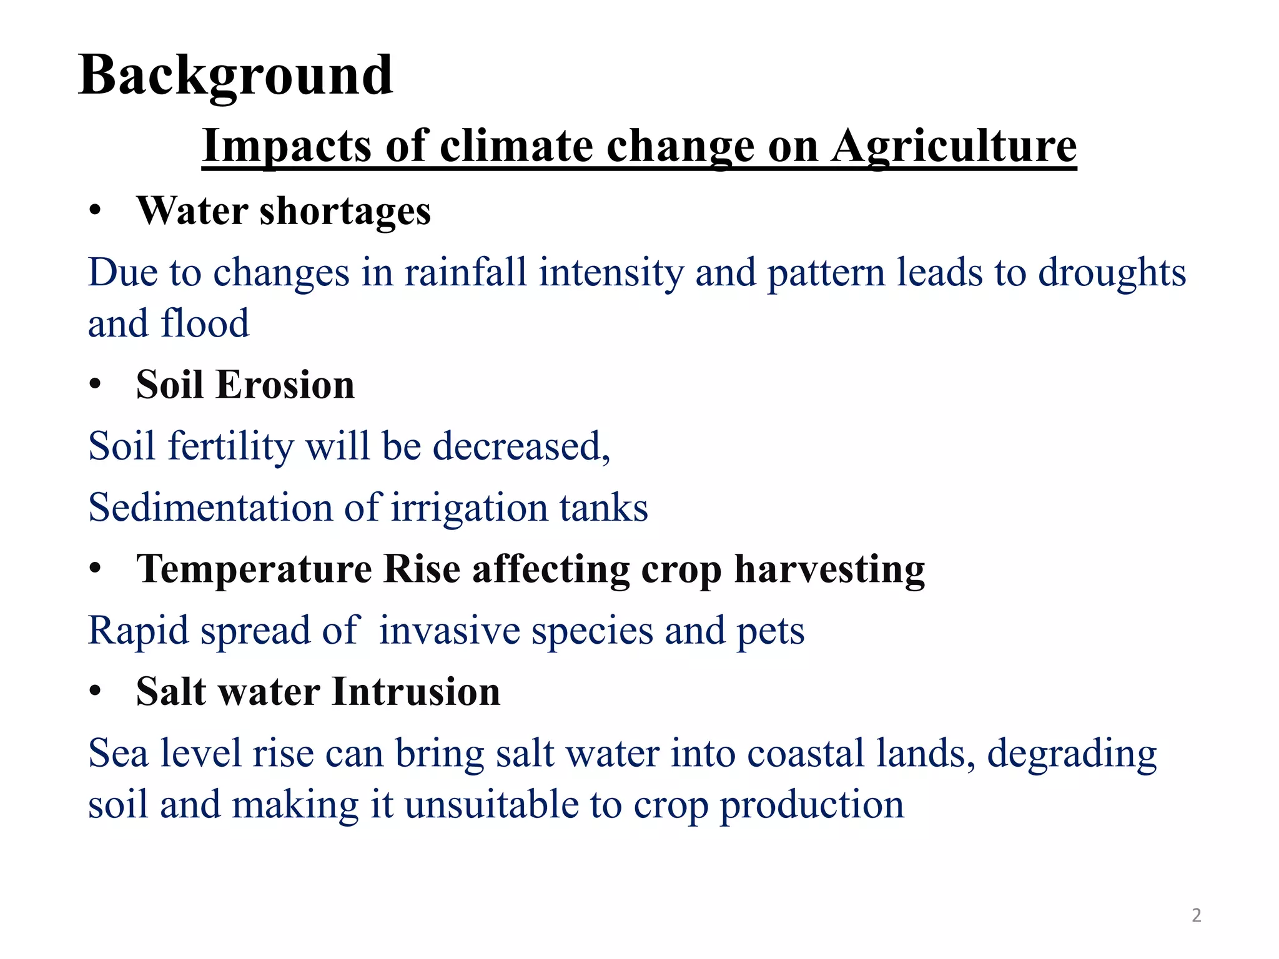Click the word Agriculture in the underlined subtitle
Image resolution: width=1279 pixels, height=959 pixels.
tap(954, 146)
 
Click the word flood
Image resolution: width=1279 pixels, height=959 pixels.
tap(205, 323)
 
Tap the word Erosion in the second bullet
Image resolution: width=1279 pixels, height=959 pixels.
tap(285, 385)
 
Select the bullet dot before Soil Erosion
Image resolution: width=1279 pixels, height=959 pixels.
tap(94, 385)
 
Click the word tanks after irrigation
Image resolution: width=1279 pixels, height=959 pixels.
tap(603, 507)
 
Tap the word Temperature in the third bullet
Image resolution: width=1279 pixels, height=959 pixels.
tap(254, 569)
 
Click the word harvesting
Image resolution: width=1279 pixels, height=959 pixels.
tap(829, 569)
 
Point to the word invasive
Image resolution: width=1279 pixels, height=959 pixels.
tap(449, 631)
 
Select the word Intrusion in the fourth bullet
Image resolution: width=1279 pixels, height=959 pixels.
tap(416, 692)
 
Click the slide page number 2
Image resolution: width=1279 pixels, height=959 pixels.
tap(1196, 915)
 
